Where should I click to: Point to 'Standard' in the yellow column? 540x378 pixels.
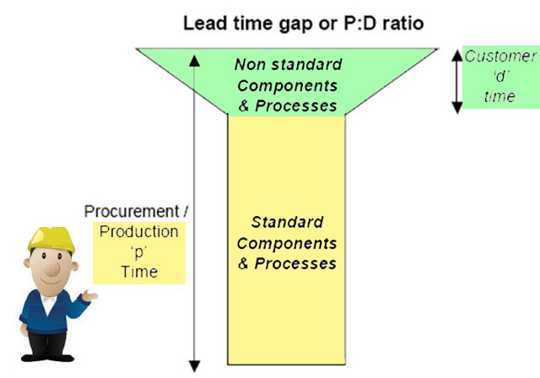287,222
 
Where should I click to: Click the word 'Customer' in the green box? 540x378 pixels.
500,57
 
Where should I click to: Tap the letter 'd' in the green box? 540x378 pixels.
501,76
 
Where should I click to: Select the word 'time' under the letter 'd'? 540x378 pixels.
499,96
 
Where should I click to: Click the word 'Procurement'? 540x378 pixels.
132,212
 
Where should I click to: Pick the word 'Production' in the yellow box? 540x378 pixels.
138,232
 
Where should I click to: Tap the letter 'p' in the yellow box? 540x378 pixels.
139,252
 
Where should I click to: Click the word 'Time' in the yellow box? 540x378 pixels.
139,272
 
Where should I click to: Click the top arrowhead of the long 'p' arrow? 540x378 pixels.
195,61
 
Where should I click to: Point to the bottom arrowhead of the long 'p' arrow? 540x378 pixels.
195,366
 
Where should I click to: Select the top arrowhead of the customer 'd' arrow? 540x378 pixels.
457,56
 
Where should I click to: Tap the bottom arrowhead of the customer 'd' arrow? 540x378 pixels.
457,108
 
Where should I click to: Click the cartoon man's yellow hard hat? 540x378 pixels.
51,240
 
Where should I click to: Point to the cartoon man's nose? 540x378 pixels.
52,269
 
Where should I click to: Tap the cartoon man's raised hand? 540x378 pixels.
89,295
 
